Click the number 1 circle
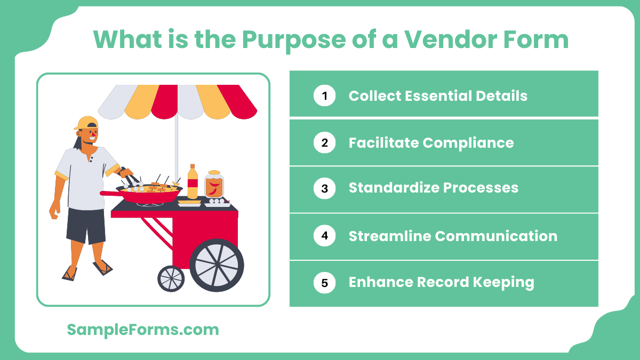click(324, 96)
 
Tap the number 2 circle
click(324, 143)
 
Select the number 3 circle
click(324, 188)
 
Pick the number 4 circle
click(324, 236)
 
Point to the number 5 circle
click(324, 283)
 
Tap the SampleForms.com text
click(143, 330)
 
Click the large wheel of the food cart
click(217, 265)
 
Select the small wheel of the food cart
click(171, 278)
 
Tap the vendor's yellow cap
click(86, 123)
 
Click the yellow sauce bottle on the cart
click(193, 182)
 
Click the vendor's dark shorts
click(85, 224)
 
